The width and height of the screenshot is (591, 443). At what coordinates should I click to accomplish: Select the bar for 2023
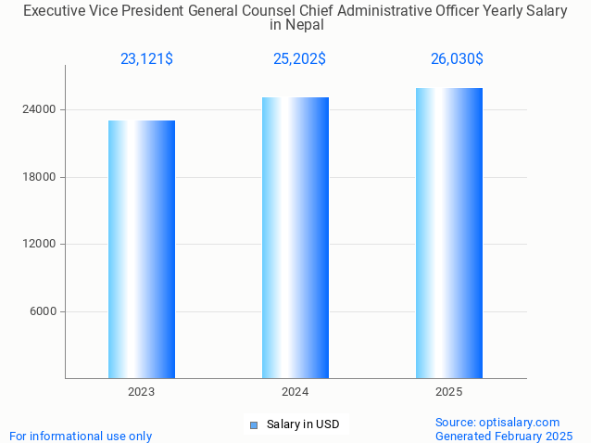[142, 249]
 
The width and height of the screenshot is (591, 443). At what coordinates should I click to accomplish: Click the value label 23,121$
[146, 59]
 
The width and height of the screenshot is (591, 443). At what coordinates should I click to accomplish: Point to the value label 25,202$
[299, 59]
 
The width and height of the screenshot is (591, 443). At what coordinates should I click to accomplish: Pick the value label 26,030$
[457, 59]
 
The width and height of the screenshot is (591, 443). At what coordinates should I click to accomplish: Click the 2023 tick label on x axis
[142, 392]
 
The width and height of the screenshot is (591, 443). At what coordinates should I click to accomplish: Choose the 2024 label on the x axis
[295, 392]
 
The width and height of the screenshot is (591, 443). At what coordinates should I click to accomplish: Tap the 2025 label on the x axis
[449, 392]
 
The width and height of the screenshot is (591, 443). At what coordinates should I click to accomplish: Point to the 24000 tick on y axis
[40, 109]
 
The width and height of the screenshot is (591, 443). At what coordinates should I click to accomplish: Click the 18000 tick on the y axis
[40, 177]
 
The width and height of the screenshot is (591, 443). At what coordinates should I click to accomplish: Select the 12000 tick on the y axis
[40, 244]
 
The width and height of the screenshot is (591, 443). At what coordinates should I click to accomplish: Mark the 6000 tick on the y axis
[43, 311]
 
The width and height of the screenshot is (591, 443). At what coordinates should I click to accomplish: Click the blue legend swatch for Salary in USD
[253, 425]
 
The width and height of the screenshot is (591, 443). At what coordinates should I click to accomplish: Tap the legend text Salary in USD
[303, 425]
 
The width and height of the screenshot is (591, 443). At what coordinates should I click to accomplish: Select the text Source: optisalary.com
[497, 422]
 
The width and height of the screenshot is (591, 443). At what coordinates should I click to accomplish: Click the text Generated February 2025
[504, 436]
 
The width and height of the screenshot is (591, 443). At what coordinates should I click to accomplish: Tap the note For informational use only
[81, 436]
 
